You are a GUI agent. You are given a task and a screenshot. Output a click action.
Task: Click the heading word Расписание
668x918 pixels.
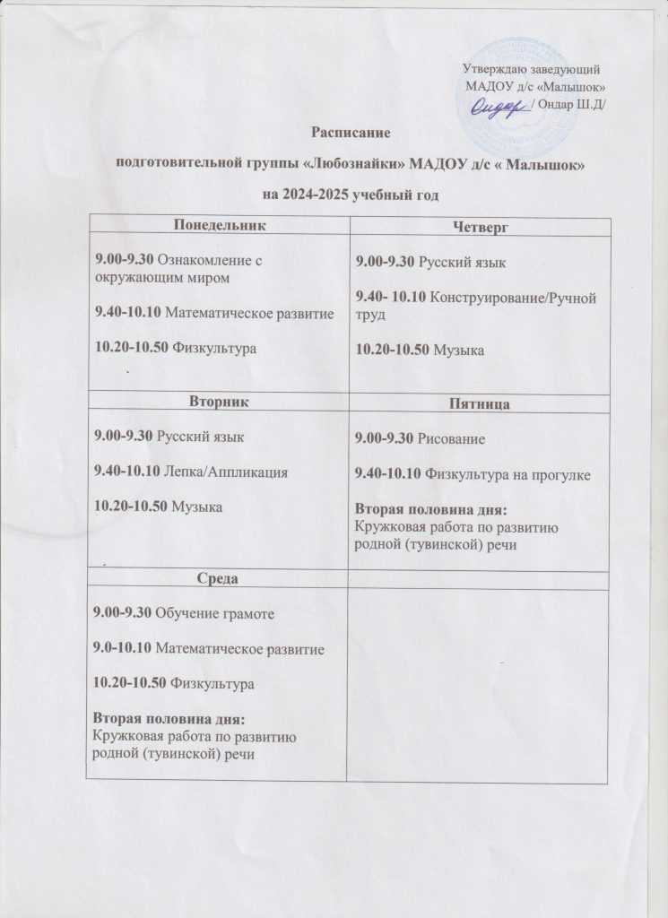point(348,134)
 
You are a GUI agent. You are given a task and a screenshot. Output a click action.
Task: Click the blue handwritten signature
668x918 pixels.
point(495,106)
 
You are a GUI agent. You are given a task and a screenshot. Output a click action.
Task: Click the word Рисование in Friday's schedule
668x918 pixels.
point(448,440)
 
